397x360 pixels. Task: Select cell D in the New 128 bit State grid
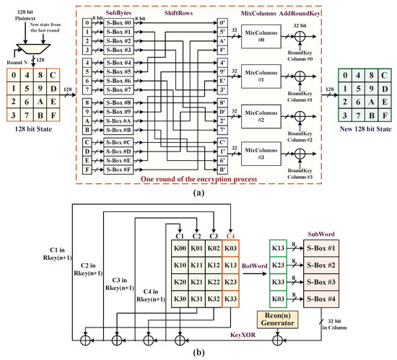coord(374,89)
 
